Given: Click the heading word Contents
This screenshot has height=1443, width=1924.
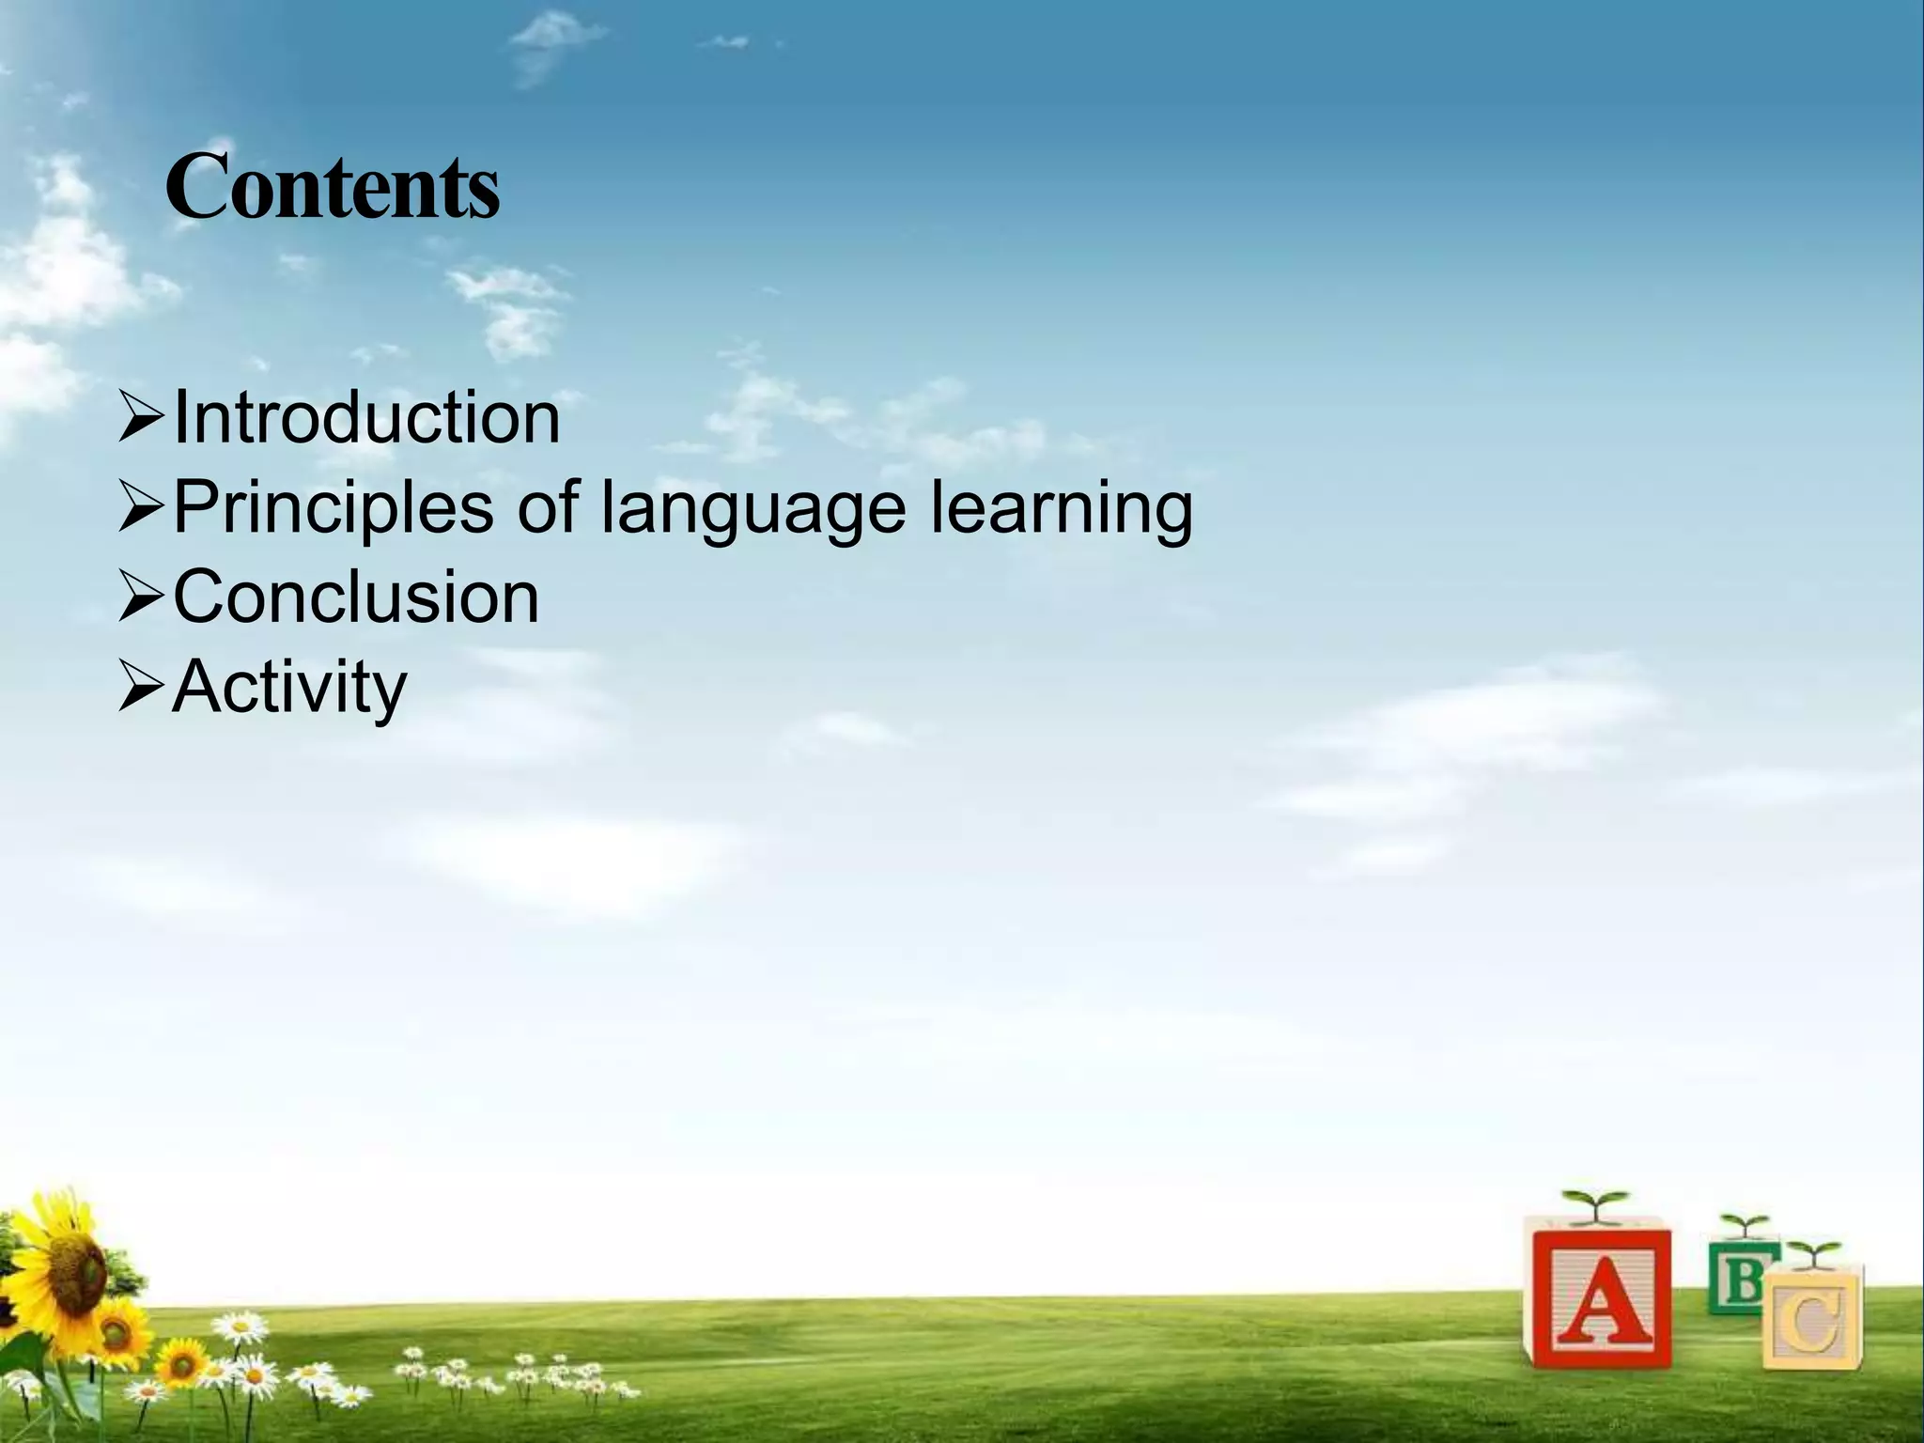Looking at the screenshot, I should tap(333, 190).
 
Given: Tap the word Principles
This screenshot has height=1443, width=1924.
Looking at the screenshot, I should tap(334, 508).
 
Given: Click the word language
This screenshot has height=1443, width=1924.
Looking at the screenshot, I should tap(753, 508).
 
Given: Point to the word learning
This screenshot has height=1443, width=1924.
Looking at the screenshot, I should tap(1062, 508).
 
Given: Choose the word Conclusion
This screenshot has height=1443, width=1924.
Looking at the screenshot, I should tap(356, 597).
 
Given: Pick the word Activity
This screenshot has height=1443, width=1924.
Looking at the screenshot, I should tap(289, 688).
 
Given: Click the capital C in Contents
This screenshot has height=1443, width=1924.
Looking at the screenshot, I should tap(197, 190).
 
